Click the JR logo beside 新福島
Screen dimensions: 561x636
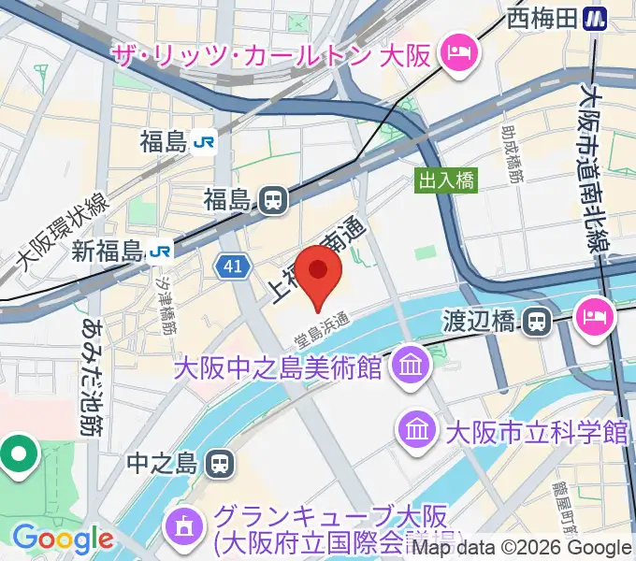pos(161,251)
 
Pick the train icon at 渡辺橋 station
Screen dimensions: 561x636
pos(535,322)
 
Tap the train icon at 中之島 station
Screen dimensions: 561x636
pos(220,462)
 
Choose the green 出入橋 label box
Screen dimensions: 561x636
pos(445,180)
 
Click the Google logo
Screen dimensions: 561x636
pos(63,539)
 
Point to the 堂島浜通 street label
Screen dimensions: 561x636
pos(321,328)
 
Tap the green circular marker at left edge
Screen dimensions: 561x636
pos(20,454)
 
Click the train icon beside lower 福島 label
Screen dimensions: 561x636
pos(273,199)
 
